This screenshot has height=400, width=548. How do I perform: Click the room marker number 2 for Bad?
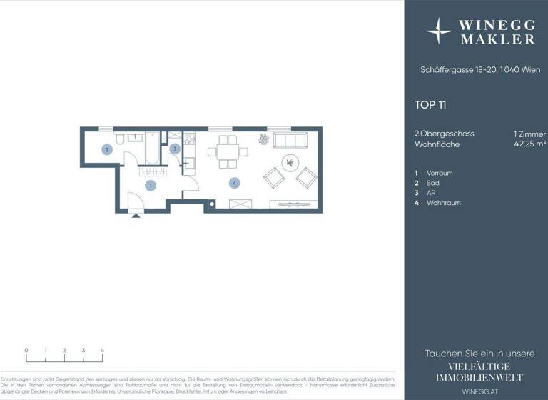(106, 150)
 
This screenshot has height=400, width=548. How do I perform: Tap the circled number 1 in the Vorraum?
(150, 186)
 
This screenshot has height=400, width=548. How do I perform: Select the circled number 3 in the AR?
(175, 149)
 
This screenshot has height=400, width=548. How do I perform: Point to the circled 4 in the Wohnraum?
(234, 183)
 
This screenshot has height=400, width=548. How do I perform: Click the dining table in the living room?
(228, 151)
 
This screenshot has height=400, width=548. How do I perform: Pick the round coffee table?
(291, 161)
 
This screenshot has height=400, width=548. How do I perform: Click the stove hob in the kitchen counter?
(189, 141)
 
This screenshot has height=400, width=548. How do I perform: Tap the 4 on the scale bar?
(102, 351)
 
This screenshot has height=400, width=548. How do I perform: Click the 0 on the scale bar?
(26, 351)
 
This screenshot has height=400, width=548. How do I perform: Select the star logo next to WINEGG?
(439, 32)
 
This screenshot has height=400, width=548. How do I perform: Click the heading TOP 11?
(430, 105)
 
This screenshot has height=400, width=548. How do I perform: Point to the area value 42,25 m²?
(529, 144)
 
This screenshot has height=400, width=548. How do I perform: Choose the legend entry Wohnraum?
(442, 203)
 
